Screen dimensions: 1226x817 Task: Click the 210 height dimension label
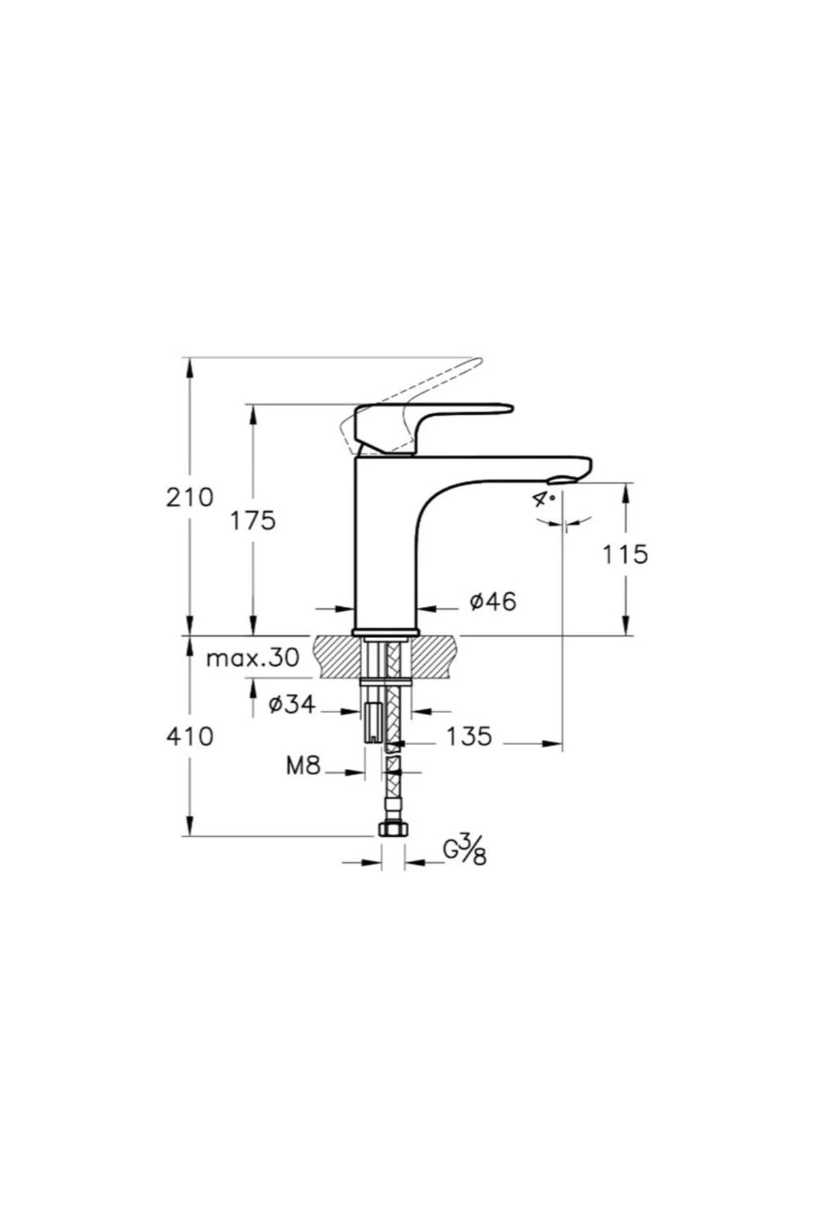coord(190,497)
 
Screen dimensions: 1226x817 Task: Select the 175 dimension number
coord(252,521)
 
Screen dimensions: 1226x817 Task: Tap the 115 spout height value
coord(624,554)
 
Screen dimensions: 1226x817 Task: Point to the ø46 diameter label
coord(494,601)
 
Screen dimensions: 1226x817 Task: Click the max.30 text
coord(253,658)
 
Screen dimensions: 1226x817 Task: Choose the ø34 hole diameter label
coord(292,705)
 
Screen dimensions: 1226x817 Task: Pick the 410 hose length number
coord(190,736)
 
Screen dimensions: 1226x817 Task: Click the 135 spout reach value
coord(468,736)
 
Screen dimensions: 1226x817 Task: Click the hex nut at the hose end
coord(393,829)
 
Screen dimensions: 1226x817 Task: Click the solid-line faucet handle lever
coord(436,415)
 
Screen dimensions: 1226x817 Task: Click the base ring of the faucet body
coord(385,631)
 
